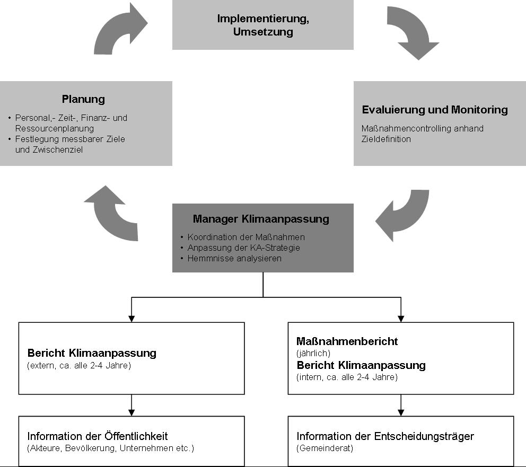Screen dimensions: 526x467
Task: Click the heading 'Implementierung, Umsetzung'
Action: [263, 25]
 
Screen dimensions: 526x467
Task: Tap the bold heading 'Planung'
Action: [83, 99]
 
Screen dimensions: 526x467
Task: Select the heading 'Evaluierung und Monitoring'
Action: [435, 110]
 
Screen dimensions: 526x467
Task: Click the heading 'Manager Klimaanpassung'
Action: [261, 219]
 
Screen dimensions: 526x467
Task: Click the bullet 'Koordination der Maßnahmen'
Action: [246, 237]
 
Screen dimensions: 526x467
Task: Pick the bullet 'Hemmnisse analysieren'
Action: [234, 259]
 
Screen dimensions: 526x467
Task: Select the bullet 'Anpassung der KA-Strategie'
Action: [243, 248]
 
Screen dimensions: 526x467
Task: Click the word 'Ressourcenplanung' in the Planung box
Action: [54, 128]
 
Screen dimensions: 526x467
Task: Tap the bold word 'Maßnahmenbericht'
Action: [347, 341]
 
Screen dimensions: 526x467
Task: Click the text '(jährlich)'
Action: [313, 353]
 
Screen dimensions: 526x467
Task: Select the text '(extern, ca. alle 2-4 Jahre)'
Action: [79, 365]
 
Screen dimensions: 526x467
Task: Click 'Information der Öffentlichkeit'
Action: [97, 436]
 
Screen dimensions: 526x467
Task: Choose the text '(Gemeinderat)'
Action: [325, 448]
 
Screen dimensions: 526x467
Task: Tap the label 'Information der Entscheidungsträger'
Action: [385, 436]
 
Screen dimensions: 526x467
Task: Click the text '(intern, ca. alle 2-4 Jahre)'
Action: [347, 377]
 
